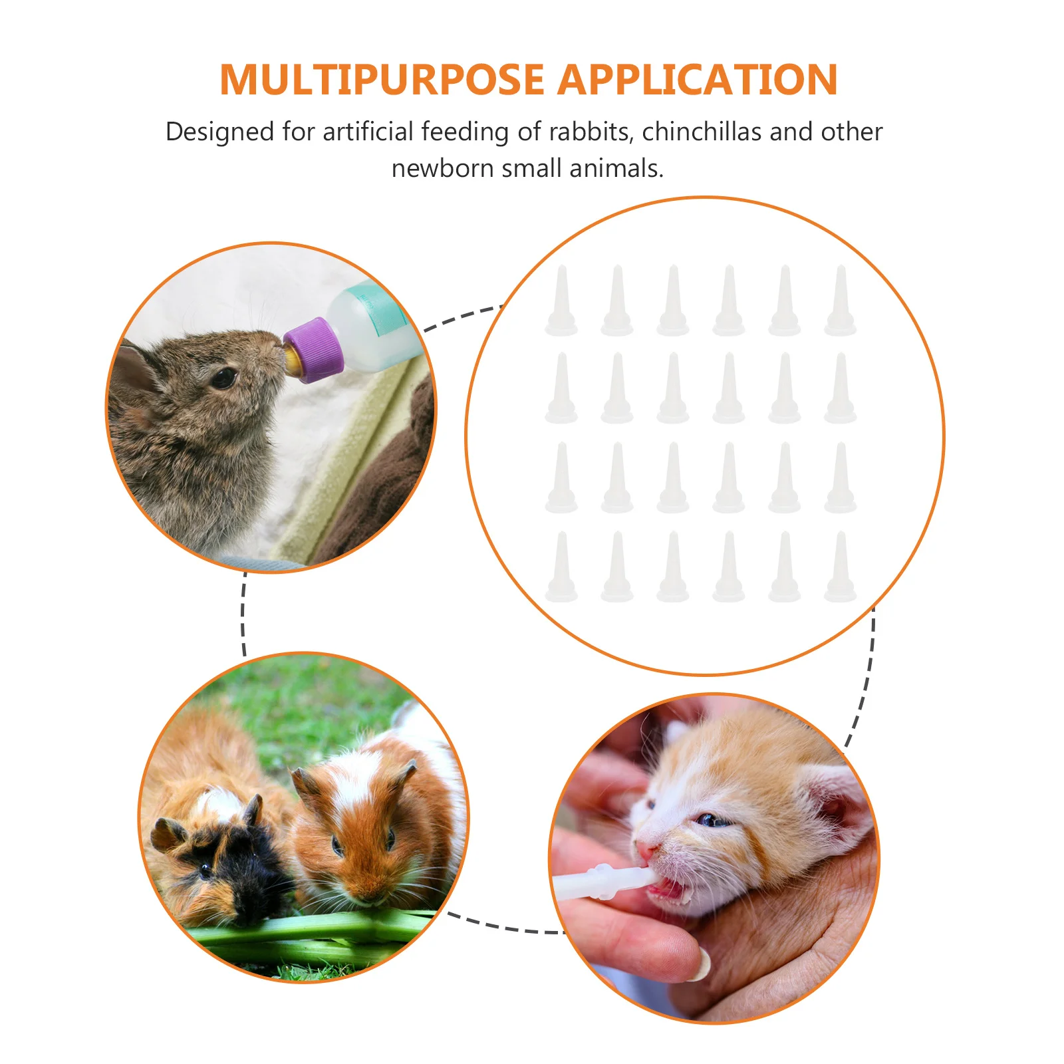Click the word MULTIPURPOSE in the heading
[382, 80]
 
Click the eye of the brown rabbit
[223, 378]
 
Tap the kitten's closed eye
[712, 819]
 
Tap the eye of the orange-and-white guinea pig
[336, 846]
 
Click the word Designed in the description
[219, 132]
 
